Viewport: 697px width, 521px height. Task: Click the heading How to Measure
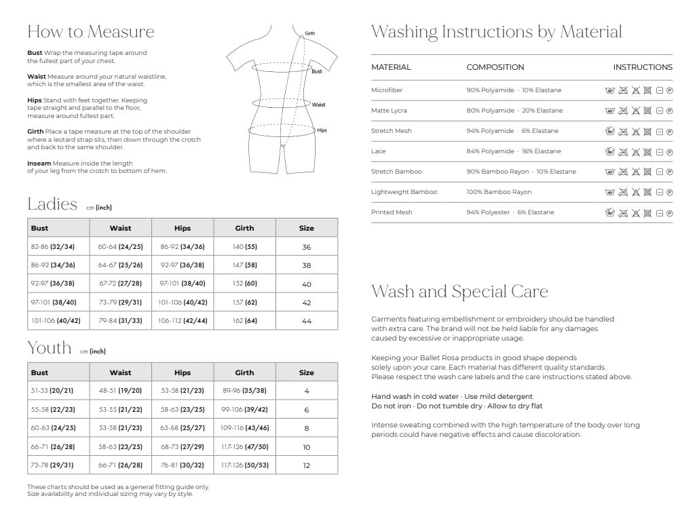coord(91,32)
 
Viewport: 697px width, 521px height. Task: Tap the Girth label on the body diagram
coord(309,33)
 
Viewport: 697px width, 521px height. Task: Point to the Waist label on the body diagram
coord(318,104)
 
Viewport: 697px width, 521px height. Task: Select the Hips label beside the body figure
coord(322,130)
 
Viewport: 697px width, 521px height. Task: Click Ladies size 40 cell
coord(306,284)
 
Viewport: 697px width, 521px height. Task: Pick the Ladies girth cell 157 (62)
coord(244,302)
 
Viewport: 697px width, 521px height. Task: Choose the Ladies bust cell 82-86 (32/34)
coord(53,247)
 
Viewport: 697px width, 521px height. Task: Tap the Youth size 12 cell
coord(306,465)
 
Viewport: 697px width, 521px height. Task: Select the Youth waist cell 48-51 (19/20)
coord(120,391)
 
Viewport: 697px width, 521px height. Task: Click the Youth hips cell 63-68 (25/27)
coord(183,428)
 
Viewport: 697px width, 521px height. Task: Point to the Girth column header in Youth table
coord(244,372)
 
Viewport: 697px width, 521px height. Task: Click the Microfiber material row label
coord(388,90)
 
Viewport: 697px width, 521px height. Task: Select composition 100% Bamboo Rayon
coord(499,192)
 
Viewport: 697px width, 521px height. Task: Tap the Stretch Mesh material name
coord(392,131)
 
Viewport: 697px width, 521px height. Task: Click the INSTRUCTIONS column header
coord(643,67)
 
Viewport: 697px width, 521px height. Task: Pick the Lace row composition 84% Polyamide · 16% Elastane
coord(514,151)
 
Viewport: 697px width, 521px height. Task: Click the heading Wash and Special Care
coord(460,292)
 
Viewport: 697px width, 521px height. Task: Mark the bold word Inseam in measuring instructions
coord(39,163)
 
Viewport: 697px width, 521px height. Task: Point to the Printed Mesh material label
coord(392,212)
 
